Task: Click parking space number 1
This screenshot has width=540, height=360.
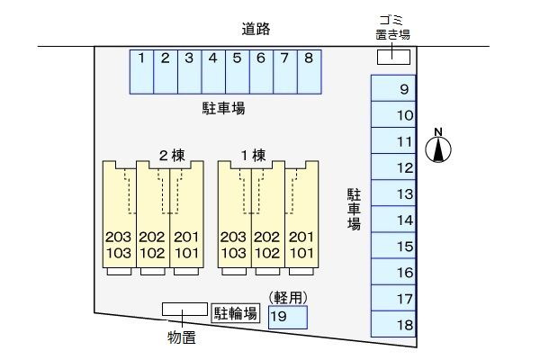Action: pos(141,72)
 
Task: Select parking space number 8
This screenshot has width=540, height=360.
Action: pos(310,72)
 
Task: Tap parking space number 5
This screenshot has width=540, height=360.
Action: pos(238,72)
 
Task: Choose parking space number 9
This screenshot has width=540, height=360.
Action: pos(393,88)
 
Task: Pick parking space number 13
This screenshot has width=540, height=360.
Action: pos(393,193)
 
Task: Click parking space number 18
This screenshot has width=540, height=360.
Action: pos(393,324)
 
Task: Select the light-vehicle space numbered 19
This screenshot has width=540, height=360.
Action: pos(288,317)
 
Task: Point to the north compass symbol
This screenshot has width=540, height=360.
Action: pos(438,146)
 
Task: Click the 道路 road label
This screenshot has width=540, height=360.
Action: pos(256,29)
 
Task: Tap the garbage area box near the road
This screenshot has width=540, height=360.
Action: pos(393,58)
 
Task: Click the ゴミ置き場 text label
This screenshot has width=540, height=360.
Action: pos(392,27)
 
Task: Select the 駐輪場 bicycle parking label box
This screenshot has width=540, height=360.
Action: pos(236,313)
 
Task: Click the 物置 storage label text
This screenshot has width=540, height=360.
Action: pos(182,337)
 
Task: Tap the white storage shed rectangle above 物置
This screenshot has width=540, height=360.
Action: pos(184,309)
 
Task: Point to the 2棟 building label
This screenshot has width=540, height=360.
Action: pos(172,156)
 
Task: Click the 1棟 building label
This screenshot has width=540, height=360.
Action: pos(253,156)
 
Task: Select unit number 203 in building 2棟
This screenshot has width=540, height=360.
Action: pos(119,237)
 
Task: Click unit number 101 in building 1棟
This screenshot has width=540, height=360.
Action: pos(301,253)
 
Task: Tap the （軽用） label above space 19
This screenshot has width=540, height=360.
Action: pos(288,298)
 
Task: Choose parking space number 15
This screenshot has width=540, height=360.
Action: pos(393,246)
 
